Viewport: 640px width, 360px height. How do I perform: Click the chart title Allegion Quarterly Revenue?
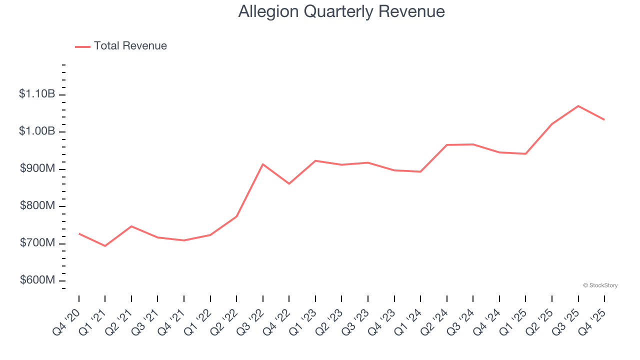tap(341, 11)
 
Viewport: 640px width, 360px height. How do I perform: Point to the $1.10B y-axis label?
tap(37, 94)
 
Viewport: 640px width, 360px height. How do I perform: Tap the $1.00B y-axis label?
tap(37, 131)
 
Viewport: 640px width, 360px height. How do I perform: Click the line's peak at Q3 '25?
tap(578, 106)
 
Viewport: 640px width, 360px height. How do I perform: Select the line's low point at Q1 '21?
tap(105, 246)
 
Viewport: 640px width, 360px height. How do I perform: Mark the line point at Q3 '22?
tap(263, 164)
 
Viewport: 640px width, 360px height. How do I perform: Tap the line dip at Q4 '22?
tap(289, 183)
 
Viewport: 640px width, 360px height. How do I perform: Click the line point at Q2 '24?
tap(447, 145)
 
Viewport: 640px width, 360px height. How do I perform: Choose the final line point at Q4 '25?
tap(604, 119)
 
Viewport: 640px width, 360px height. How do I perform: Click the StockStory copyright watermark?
tap(600, 285)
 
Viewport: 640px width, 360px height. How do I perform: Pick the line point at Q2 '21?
tap(131, 226)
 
